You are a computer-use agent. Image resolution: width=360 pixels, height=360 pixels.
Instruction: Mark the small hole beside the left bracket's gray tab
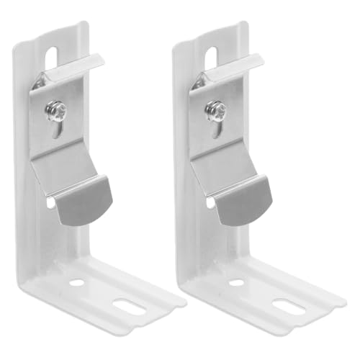pyautogui.click(x=50, y=204)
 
